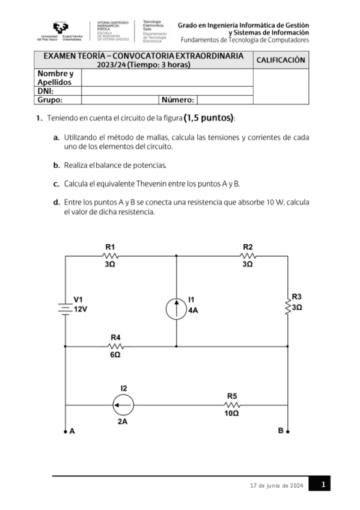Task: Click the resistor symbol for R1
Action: (x=109, y=256)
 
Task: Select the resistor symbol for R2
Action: (x=248, y=256)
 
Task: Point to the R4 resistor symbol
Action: (x=115, y=346)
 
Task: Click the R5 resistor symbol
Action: (x=232, y=405)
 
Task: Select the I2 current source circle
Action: (x=123, y=405)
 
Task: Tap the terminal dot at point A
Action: (x=65, y=431)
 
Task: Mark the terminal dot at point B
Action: (x=288, y=431)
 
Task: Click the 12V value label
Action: (x=81, y=309)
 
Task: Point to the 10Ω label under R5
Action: (x=232, y=414)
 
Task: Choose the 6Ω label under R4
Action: (x=115, y=355)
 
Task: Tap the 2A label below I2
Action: (x=123, y=422)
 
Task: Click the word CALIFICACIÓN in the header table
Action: (x=281, y=60)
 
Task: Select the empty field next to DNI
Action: (x=167, y=91)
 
